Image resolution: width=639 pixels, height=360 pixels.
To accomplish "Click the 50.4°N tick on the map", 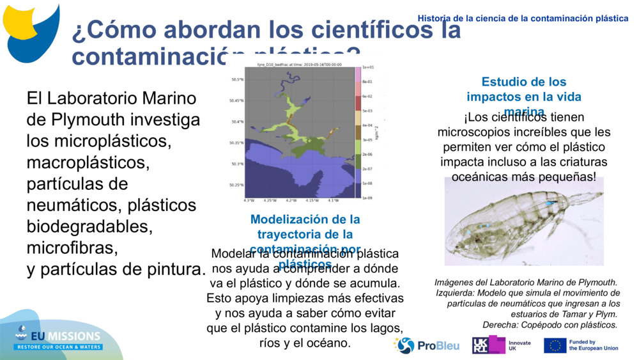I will point(237,122).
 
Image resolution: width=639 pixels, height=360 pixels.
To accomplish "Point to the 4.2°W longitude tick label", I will point(291,200).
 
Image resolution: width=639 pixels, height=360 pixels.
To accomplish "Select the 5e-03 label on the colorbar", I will point(367,111).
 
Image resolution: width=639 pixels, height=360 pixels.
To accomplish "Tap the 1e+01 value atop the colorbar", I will point(367,67).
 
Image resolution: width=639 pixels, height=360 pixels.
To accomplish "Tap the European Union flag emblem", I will point(554,346).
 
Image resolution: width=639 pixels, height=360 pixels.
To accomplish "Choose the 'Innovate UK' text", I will point(520,346).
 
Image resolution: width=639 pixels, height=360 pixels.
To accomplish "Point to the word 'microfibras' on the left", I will point(72,247).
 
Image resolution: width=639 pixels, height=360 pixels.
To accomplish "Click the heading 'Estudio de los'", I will point(523,82).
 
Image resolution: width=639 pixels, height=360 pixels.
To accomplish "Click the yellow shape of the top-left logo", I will point(22,18).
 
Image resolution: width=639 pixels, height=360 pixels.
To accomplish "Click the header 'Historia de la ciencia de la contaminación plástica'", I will point(523,18).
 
